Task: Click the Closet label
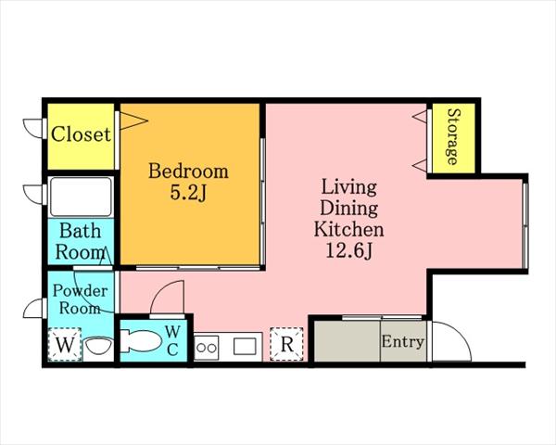[x=81, y=134]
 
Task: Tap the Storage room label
[x=453, y=137]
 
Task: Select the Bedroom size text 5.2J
[x=188, y=193]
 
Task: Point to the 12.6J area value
[x=349, y=251]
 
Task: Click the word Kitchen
[x=349, y=229]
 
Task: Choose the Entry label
[x=402, y=342]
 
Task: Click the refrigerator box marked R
[x=286, y=344]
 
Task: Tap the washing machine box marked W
[x=65, y=344]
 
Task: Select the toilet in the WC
[x=141, y=341]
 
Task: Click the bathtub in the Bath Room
[x=81, y=197]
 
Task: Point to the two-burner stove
[x=207, y=348]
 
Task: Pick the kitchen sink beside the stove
[x=245, y=347]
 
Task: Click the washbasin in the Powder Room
[x=99, y=345]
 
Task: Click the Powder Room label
[x=80, y=299]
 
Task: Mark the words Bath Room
[x=81, y=241]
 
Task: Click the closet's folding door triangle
[x=133, y=121]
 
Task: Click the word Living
[x=349, y=187]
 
